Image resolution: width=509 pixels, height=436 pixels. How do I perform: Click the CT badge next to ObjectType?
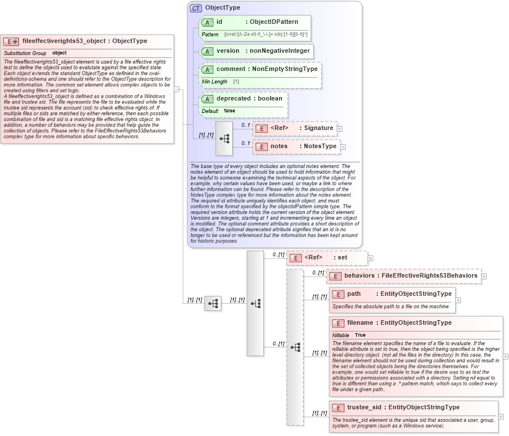coord(196,8)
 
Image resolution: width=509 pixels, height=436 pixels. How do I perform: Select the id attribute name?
coord(219,22)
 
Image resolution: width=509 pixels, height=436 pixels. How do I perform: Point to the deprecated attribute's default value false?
coord(229,111)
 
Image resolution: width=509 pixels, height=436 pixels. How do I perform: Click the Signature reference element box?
coord(295,128)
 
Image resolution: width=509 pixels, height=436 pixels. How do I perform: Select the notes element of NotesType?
coord(279,146)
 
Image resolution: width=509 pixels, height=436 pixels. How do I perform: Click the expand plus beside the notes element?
coord(343,147)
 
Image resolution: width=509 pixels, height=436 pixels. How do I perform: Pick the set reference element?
coord(326,258)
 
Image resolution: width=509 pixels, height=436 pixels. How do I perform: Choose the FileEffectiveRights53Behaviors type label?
coord(429,276)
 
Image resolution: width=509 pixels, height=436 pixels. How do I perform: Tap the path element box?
coord(392,294)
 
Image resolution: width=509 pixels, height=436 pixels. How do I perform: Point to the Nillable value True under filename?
coord(360,335)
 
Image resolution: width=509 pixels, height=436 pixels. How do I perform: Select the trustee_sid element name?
coord(364,407)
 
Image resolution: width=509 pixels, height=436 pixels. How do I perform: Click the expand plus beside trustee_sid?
coord(501,417)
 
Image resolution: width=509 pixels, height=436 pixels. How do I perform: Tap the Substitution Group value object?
coord(60,53)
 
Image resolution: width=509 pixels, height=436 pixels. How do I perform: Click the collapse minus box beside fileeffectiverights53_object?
coord(177,89)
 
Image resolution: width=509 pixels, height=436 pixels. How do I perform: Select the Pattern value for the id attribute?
coord(266,35)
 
